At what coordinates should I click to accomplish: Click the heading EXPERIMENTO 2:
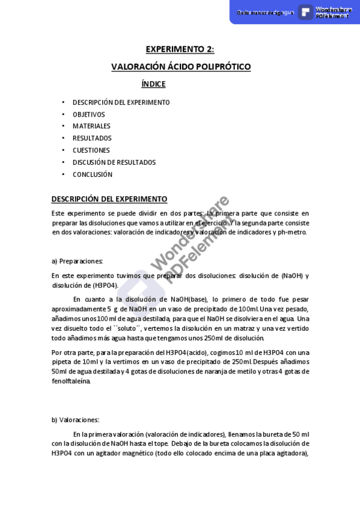(180, 49)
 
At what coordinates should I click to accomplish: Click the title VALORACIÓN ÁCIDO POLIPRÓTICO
(181, 67)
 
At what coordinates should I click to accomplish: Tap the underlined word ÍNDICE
(153, 84)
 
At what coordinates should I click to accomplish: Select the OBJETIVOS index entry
(88, 114)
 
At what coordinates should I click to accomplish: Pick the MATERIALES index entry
(91, 126)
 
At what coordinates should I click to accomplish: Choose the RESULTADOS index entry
(92, 138)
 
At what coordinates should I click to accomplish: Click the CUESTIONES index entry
(91, 150)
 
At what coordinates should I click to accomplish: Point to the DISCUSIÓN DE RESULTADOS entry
(114, 162)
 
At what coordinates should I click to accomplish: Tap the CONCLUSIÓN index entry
(93, 174)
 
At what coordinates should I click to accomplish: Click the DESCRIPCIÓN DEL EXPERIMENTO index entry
(121, 102)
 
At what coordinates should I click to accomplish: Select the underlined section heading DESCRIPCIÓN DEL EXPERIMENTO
(109, 199)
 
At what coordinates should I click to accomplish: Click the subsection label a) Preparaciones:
(78, 261)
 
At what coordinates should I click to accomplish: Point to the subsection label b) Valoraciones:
(75, 420)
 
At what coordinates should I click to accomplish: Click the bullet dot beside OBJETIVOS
(64, 114)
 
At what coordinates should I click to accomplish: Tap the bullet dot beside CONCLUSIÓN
(64, 174)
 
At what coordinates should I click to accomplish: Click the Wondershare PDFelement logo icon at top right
(306, 12)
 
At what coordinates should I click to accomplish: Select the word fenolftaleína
(71, 381)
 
